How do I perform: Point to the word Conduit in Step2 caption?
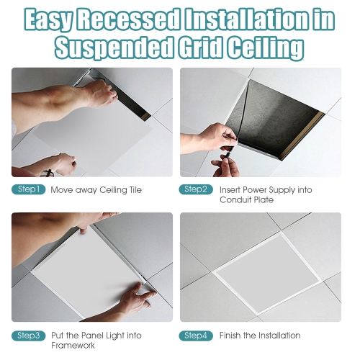point(237,199)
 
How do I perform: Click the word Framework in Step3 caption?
point(74,345)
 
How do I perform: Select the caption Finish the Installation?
point(260,336)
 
